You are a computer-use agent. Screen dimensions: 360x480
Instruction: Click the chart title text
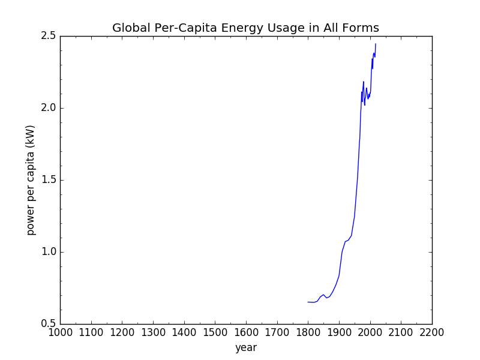pyautogui.click(x=245, y=28)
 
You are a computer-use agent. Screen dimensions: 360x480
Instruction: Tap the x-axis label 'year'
pyautogui.click(x=246, y=347)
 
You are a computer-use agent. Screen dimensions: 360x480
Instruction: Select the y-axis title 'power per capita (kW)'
pyautogui.click(x=31, y=180)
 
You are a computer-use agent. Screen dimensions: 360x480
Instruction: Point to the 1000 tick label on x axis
pyautogui.click(x=60, y=332)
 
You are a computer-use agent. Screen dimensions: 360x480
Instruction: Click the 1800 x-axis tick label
pyautogui.click(x=308, y=332)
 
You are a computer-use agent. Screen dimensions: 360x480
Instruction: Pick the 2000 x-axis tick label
pyautogui.click(x=370, y=332)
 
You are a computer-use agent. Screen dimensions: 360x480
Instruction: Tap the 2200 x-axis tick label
pyautogui.click(x=432, y=332)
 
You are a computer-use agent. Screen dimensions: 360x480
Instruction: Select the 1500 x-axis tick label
pyautogui.click(x=215, y=332)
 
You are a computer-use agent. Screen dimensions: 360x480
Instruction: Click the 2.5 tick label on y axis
pyautogui.click(x=49, y=36)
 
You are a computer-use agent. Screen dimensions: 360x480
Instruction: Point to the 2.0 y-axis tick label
pyautogui.click(x=49, y=108)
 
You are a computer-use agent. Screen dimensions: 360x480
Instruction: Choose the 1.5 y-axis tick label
pyautogui.click(x=49, y=180)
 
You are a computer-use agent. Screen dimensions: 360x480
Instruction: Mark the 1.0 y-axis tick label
pyautogui.click(x=49, y=252)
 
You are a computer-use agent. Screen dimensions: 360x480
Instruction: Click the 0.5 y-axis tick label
pyautogui.click(x=49, y=324)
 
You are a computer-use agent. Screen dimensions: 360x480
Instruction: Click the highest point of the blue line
pyautogui.click(x=376, y=44)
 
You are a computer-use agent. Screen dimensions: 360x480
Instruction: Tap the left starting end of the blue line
pyautogui.click(x=308, y=302)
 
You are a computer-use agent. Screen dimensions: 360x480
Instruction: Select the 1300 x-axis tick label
pyautogui.click(x=153, y=332)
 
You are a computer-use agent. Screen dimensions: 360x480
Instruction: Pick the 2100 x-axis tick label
pyautogui.click(x=401, y=332)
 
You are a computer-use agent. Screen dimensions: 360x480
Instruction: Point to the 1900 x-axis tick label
pyautogui.click(x=339, y=332)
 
